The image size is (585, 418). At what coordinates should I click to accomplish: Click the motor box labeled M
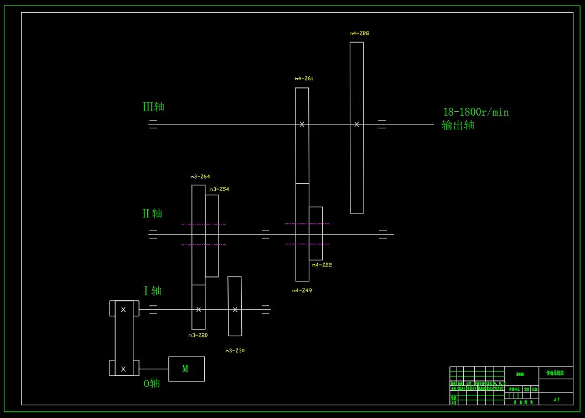[x=186, y=369]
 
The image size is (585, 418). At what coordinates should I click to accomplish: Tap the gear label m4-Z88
[x=359, y=33]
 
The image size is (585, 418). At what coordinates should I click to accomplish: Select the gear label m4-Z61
[x=304, y=79]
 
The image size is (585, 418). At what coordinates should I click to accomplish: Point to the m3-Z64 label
[x=200, y=176]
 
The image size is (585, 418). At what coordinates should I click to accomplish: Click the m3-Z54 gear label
[x=219, y=189]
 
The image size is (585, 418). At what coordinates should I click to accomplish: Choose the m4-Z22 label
[x=322, y=265]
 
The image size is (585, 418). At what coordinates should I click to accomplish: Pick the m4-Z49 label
[x=302, y=290]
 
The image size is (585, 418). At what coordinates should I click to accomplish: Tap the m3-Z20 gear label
[x=198, y=335]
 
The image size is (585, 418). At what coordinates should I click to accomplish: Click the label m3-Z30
[x=235, y=351]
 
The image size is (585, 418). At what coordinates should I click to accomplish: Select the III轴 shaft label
[x=153, y=107]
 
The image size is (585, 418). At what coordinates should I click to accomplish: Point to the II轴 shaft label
[x=152, y=213]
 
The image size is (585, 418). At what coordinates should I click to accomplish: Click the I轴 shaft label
[x=153, y=291]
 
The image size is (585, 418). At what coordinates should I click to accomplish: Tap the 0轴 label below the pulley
[x=152, y=383]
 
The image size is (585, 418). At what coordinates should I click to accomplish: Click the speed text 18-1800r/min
[x=476, y=112]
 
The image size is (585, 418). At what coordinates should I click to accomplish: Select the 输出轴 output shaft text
[x=458, y=125]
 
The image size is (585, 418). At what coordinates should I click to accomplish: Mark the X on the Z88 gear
[x=356, y=124]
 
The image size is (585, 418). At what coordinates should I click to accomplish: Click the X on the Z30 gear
[x=235, y=310]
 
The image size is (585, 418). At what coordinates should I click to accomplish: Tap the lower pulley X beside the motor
[x=123, y=369]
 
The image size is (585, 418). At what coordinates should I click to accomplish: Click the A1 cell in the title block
[x=556, y=399]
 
